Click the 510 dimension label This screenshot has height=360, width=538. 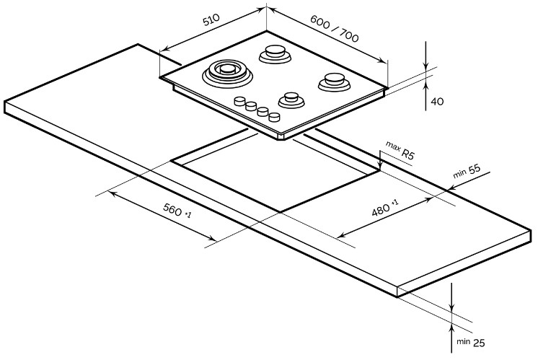tap(209, 22)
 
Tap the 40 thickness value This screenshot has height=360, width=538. tap(436, 101)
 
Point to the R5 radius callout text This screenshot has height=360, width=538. tap(408, 154)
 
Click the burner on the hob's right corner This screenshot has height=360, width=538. tap(332, 80)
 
